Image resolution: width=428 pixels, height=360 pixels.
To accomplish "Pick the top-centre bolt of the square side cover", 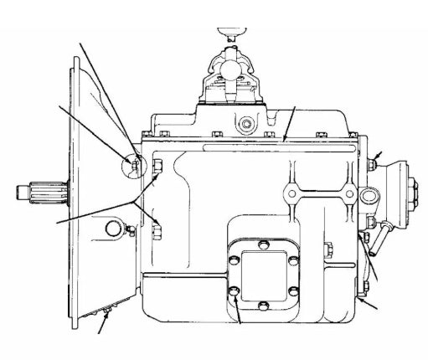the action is point(262,243).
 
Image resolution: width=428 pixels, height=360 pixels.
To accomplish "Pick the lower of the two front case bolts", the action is point(157,223).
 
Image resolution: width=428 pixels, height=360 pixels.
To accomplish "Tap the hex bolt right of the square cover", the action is point(328,248).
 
